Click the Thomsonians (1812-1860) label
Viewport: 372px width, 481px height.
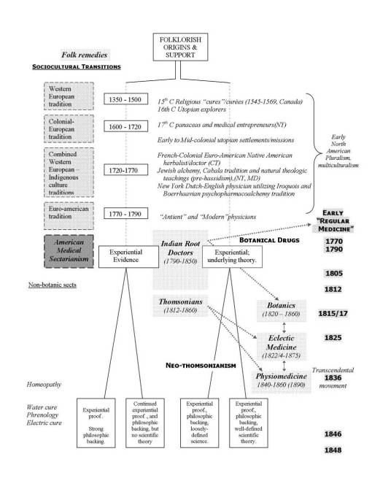pos(179,307)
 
